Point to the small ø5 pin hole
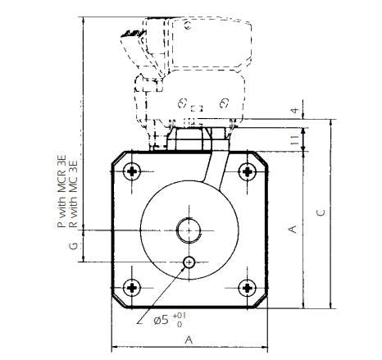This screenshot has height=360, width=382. [x=189, y=262]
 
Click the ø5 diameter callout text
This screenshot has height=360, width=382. [x=163, y=320]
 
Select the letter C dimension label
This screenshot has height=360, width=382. [x=322, y=212]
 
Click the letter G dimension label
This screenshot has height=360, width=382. [x=72, y=245]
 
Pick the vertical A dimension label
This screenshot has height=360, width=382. [x=292, y=230]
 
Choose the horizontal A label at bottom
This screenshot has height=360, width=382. [x=189, y=339]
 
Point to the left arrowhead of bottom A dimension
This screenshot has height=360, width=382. [x=115, y=345]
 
